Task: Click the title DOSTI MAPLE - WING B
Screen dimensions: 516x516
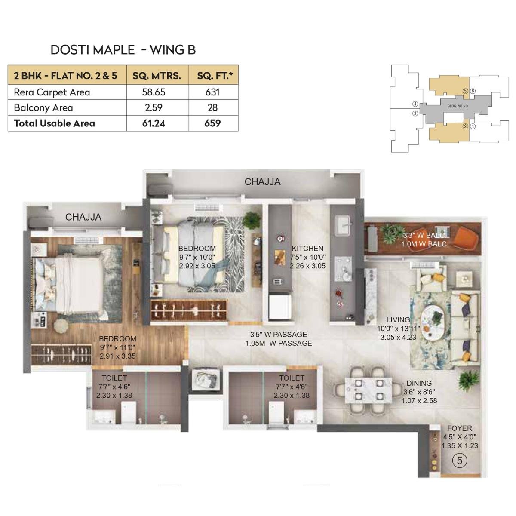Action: coord(123,50)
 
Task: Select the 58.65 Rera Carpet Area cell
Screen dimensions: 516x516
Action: coord(154,92)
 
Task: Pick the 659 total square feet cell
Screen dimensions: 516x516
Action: coord(213,123)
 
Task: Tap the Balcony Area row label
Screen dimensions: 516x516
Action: coord(43,107)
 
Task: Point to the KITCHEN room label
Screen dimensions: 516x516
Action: coord(307,249)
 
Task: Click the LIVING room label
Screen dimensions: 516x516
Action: coord(398,320)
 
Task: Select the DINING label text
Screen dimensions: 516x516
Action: coord(419,383)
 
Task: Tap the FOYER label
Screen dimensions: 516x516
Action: coord(459,428)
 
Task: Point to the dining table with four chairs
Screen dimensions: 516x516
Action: coord(369,390)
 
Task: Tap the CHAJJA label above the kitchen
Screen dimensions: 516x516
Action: coord(262,182)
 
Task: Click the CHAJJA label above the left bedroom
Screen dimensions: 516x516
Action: coord(83,217)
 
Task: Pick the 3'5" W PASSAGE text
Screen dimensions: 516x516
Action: coord(279,335)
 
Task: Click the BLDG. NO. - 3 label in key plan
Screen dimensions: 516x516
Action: coord(457,106)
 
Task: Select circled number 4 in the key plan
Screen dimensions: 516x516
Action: coord(415,104)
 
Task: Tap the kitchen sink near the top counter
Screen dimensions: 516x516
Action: coord(343,224)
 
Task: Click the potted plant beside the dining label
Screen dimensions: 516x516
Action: coord(465,380)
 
